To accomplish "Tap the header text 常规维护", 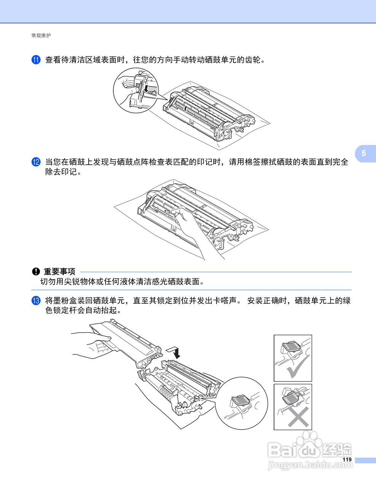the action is [41, 35].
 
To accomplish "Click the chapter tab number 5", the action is [364, 153].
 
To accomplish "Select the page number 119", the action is [347, 459].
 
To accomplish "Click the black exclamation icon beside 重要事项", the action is [36, 271].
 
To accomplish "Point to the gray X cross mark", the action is [298, 418].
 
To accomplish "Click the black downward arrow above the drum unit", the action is [176, 352].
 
